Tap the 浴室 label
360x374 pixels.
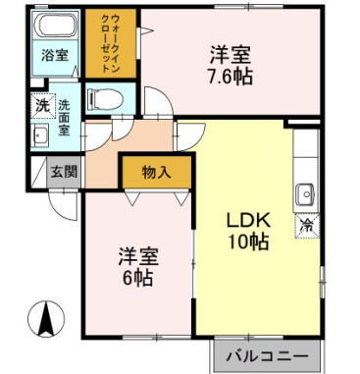(x=55, y=56)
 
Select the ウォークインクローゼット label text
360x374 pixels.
(x=110, y=44)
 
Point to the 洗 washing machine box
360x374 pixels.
(x=41, y=104)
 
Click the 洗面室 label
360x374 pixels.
(x=64, y=116)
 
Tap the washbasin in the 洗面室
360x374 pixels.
(x=41, y=134)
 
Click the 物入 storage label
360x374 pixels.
(x=156, y=172)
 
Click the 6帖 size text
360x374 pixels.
(x=137, y=278)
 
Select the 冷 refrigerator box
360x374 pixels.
(x=306, y=226)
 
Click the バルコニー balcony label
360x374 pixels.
(x=265, y=354)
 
